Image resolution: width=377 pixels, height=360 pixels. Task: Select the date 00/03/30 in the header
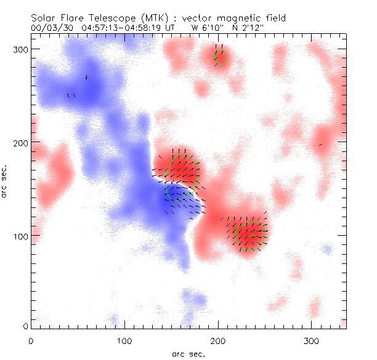(50, 28)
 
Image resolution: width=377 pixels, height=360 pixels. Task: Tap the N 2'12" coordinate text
(248, 28)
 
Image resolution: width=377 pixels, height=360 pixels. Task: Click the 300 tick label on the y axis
(22, 49)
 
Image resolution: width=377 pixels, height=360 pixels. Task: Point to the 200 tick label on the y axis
(22, 143)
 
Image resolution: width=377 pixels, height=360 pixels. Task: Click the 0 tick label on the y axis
(26, 326)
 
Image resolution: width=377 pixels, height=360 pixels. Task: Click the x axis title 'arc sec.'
(188, 353)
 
